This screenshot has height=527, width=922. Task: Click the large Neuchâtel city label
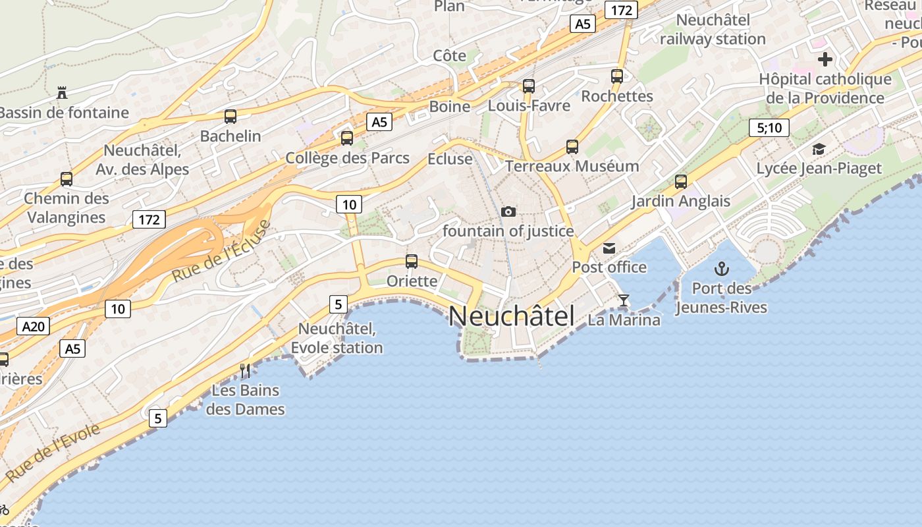512,317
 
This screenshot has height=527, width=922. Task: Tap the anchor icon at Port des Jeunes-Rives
722,269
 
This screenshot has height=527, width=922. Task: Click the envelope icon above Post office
609,248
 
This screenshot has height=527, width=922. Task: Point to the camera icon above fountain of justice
508,211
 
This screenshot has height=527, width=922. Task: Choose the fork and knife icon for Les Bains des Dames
245,371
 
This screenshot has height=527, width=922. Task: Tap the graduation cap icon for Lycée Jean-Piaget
819,150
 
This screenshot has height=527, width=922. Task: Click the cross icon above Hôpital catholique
825,60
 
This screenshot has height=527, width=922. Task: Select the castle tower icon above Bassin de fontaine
62,93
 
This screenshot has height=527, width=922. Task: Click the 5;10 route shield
769,127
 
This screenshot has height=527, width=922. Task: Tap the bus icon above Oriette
412,262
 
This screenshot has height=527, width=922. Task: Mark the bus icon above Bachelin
230,117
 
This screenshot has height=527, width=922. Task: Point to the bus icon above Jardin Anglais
681,182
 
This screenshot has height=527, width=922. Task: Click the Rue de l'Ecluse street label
221,252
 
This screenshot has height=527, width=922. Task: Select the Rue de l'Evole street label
53,453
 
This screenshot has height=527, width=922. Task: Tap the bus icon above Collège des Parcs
347,138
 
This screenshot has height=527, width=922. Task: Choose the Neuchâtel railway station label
713,30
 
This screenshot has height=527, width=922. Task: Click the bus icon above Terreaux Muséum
572,147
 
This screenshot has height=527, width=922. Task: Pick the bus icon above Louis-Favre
528,86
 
